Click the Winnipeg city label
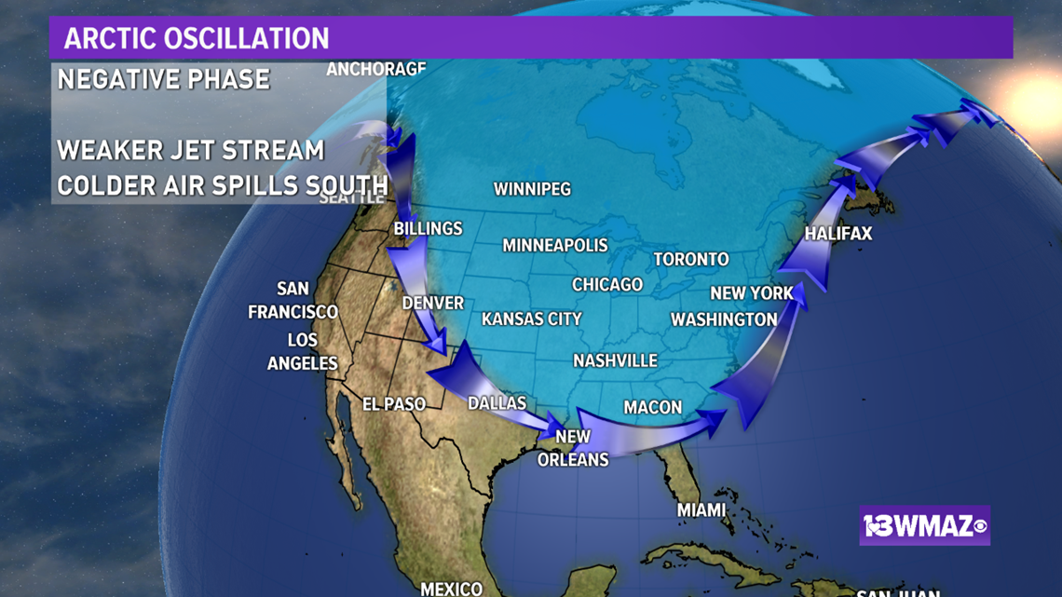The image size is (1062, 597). (532, 189)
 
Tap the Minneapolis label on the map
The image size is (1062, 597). (555, 246)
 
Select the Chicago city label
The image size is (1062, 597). (607, 284)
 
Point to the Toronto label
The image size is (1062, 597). (691, 259)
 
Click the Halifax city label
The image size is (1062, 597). (838, 234)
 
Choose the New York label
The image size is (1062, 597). (752, 293)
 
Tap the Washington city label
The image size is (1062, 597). (724, 319)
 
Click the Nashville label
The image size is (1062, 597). (615, 360)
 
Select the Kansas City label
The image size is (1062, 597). (532, 319)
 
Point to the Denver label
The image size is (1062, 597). (433, 304)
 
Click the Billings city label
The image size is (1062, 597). (429, 228)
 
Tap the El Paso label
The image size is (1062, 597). (394, 404)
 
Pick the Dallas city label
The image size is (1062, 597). (497, 403)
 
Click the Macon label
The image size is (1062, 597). (653, 407)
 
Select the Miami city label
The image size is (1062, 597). (701, 509)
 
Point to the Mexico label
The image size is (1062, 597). (452, 589)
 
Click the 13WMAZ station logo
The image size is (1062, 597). (925, 527)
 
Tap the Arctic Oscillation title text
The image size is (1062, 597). (197, 38)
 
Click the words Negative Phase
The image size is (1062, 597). (164, 79)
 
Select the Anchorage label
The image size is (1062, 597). (376, 69)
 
